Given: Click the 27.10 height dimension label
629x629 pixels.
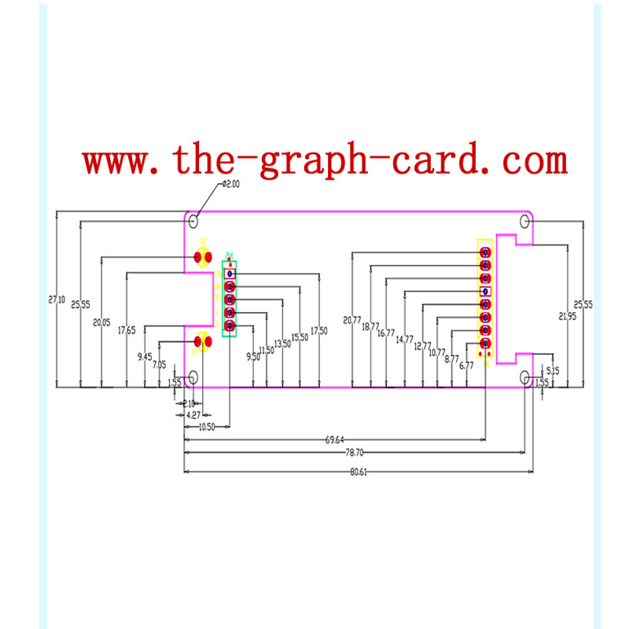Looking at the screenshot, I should pyautogui.click(x=56, y=300).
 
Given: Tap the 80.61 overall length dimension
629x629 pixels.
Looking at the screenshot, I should pyautogui.click(x=358, y=471).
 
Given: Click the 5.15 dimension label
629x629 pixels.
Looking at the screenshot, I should pyautogui.click(x=552, y=370).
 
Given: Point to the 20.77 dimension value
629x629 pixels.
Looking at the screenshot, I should pyautogui.click(x=351, y=320).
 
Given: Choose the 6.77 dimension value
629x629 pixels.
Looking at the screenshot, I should pyautogui.click(x=466, y=366).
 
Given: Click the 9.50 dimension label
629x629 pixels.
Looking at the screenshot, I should pyautogui.click(x=252, y=356).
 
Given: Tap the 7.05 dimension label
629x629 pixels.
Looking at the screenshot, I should pyautogui.click(x=159, y=365).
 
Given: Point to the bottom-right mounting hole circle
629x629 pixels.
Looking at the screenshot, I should pyautogui.click(x=526, y=379).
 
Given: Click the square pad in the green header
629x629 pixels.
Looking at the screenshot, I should pyautogui.click(x=230, y=274).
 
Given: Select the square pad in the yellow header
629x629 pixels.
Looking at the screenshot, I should pyautogui.click(x=486, y=292).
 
